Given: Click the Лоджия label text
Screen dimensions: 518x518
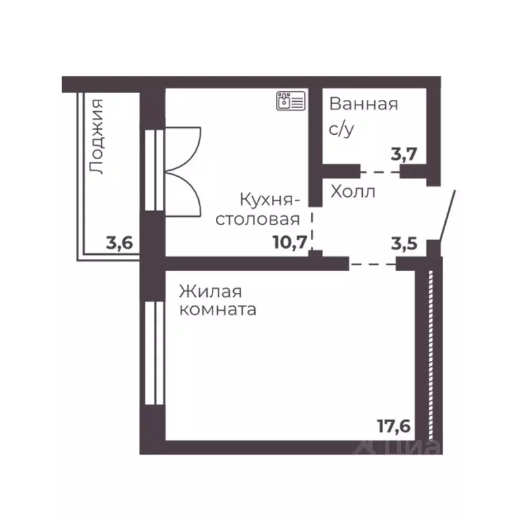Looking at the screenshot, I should [98, 138].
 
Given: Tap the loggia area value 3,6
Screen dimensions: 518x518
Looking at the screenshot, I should [119, 242].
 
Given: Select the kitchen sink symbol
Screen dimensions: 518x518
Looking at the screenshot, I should [290, 101].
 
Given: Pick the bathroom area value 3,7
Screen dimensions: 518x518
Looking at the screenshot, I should [406, 153].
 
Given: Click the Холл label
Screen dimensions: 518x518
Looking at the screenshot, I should [353, 192].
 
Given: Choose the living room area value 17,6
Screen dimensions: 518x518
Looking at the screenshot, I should [394, 426].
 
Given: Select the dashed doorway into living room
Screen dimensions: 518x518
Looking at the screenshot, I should [372, 262].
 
